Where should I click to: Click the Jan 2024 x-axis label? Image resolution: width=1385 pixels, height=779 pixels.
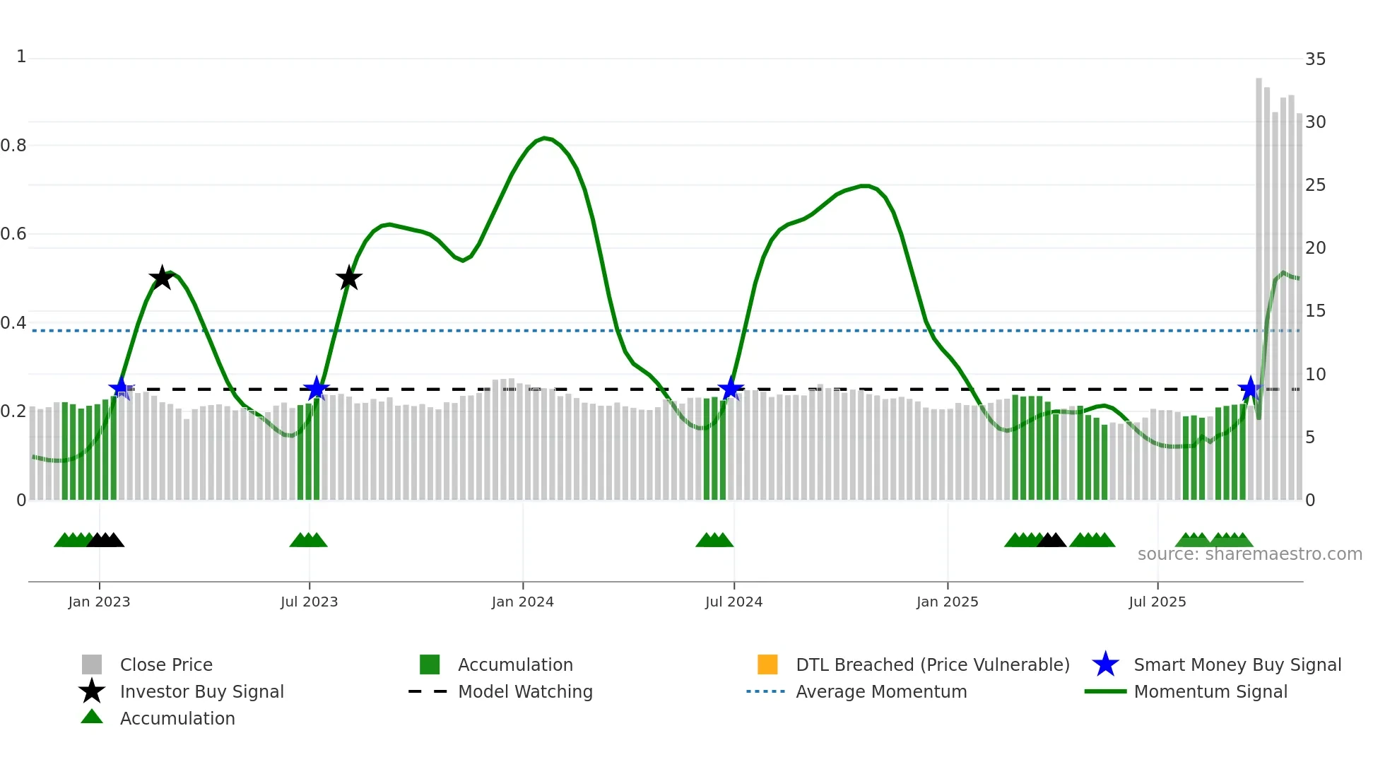pyautogui.click(x=522, y=602)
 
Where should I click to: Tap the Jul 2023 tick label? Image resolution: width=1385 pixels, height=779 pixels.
pyautogui.click(x=309, y=602)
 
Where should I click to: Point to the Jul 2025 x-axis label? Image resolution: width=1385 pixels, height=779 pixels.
pyautogui.click(x=1157, y=602)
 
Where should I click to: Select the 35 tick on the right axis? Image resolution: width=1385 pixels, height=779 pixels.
pyautogui.click(x=1315, y=59)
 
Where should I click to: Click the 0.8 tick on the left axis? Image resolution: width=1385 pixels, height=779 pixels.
pyautogui.click(x=13, y=146)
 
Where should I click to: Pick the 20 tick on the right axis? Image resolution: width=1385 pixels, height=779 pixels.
pyautogui.click(x=1315, y=248)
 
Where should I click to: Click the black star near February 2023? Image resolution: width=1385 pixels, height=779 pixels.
pyautogui.click(x=162, y=278)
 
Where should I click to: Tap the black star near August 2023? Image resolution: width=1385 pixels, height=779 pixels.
pyautogui.click(x=348, y=278)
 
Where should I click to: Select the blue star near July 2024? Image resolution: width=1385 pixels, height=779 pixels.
pyautogui.click(x=731, y=388)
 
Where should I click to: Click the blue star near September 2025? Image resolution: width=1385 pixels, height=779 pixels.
pyautogui.click(x=1250, y=388)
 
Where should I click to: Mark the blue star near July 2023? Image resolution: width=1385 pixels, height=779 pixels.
pyautogui.click(x=316, y=388)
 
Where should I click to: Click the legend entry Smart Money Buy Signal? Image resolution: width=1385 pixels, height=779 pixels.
pyautogui.click(x=1237, y=664)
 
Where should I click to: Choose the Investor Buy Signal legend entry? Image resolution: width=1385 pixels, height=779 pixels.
pyautogui.click(x=201, y=691)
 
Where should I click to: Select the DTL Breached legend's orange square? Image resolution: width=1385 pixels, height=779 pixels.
pyautogui.click(x=767, y=664)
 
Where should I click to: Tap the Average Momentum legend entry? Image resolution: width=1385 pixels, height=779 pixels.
pyautogui.click(x=880, y=691)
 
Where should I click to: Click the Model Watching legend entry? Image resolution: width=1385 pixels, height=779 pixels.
pyautogui.click(x=524, y=691)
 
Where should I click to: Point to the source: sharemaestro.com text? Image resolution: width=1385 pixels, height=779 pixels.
pyautogui.click(x=1249, y=554)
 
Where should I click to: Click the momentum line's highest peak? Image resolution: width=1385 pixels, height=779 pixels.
pyautogui.click(x=544, y=138)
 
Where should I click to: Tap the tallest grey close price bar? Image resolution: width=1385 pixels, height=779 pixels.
pyautogui.click(x=1259, y=283)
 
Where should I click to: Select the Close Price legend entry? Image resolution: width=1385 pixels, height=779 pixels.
pyautogui.click(x=165, y=664)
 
